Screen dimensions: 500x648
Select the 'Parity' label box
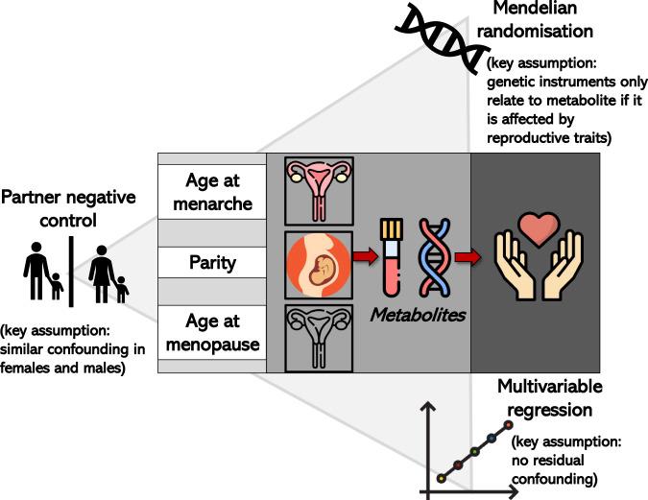[x=211, y=261]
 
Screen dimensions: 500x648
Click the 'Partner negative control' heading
[x=69, y=209]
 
